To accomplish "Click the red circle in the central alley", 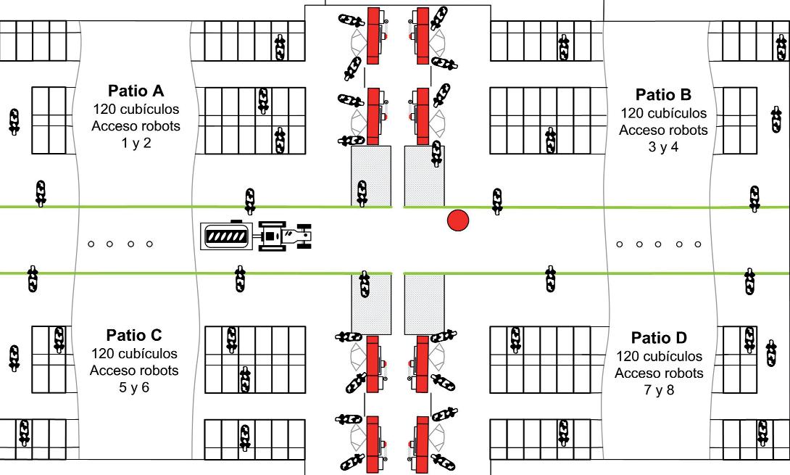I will [457, 220].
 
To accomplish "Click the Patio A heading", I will [136, 91].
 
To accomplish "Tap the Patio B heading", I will [663, 95].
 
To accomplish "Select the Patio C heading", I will [134, 336].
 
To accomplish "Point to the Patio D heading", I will [659, 338].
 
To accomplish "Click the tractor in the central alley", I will [286, 236].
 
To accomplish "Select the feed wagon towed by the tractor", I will [228, 235].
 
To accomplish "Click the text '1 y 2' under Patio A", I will [136, 143].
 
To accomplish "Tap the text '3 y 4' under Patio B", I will [663, 147].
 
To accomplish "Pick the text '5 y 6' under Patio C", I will [134, 387].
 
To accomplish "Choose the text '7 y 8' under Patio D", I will [659, 391].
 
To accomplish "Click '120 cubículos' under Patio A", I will [136, 109].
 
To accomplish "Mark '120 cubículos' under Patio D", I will [659, 357].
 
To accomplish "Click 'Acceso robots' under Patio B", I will [663, 131].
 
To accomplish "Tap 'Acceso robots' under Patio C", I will [134, 371].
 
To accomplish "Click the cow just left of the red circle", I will [436, 153].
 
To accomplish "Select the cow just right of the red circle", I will [497, 201].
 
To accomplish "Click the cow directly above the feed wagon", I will [250, 201].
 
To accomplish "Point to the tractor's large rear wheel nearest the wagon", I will [272, 236].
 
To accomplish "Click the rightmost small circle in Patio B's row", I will [698, 244].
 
